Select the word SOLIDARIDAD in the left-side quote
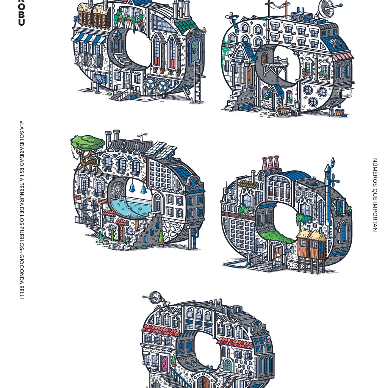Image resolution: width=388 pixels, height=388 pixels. coord(22,149)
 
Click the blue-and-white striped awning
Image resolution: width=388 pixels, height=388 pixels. coord(89,38)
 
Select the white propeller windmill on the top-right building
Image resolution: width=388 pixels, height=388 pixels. coord(231,17)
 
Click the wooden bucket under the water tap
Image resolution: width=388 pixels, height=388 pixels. coord(339,112)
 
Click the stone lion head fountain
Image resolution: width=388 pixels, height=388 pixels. coord(118,189)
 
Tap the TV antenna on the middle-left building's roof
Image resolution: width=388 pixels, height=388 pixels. coord(142,136)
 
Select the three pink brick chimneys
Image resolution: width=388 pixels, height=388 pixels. coord(271,163)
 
